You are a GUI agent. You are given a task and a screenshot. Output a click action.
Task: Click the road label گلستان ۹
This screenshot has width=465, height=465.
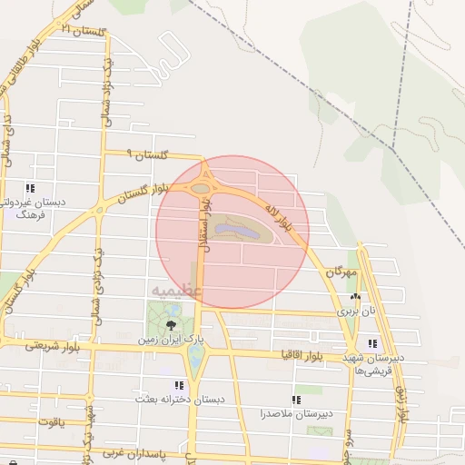tap(149, 156)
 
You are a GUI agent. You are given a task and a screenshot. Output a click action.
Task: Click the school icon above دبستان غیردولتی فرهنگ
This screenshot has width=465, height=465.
tap(30, 188)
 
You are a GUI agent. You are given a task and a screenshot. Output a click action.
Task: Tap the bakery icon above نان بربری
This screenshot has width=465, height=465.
tap(355, 297)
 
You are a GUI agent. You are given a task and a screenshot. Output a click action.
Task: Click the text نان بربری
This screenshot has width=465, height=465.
tap(356, 310)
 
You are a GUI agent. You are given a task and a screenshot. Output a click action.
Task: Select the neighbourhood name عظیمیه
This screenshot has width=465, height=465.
tap(173, 291)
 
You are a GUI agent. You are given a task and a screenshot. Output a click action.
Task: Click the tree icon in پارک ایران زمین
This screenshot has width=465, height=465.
tap(170, 324)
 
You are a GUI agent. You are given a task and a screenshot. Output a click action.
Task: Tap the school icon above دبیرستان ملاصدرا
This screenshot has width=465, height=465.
tap(296, 400)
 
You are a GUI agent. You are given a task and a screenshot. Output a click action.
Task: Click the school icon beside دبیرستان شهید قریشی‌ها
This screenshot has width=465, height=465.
tap(372, 343)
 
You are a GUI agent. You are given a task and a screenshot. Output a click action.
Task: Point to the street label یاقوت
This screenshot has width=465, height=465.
tap(51, 422)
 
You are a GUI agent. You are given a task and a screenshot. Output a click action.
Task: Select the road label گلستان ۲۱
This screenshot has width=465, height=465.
tap(87, 30)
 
